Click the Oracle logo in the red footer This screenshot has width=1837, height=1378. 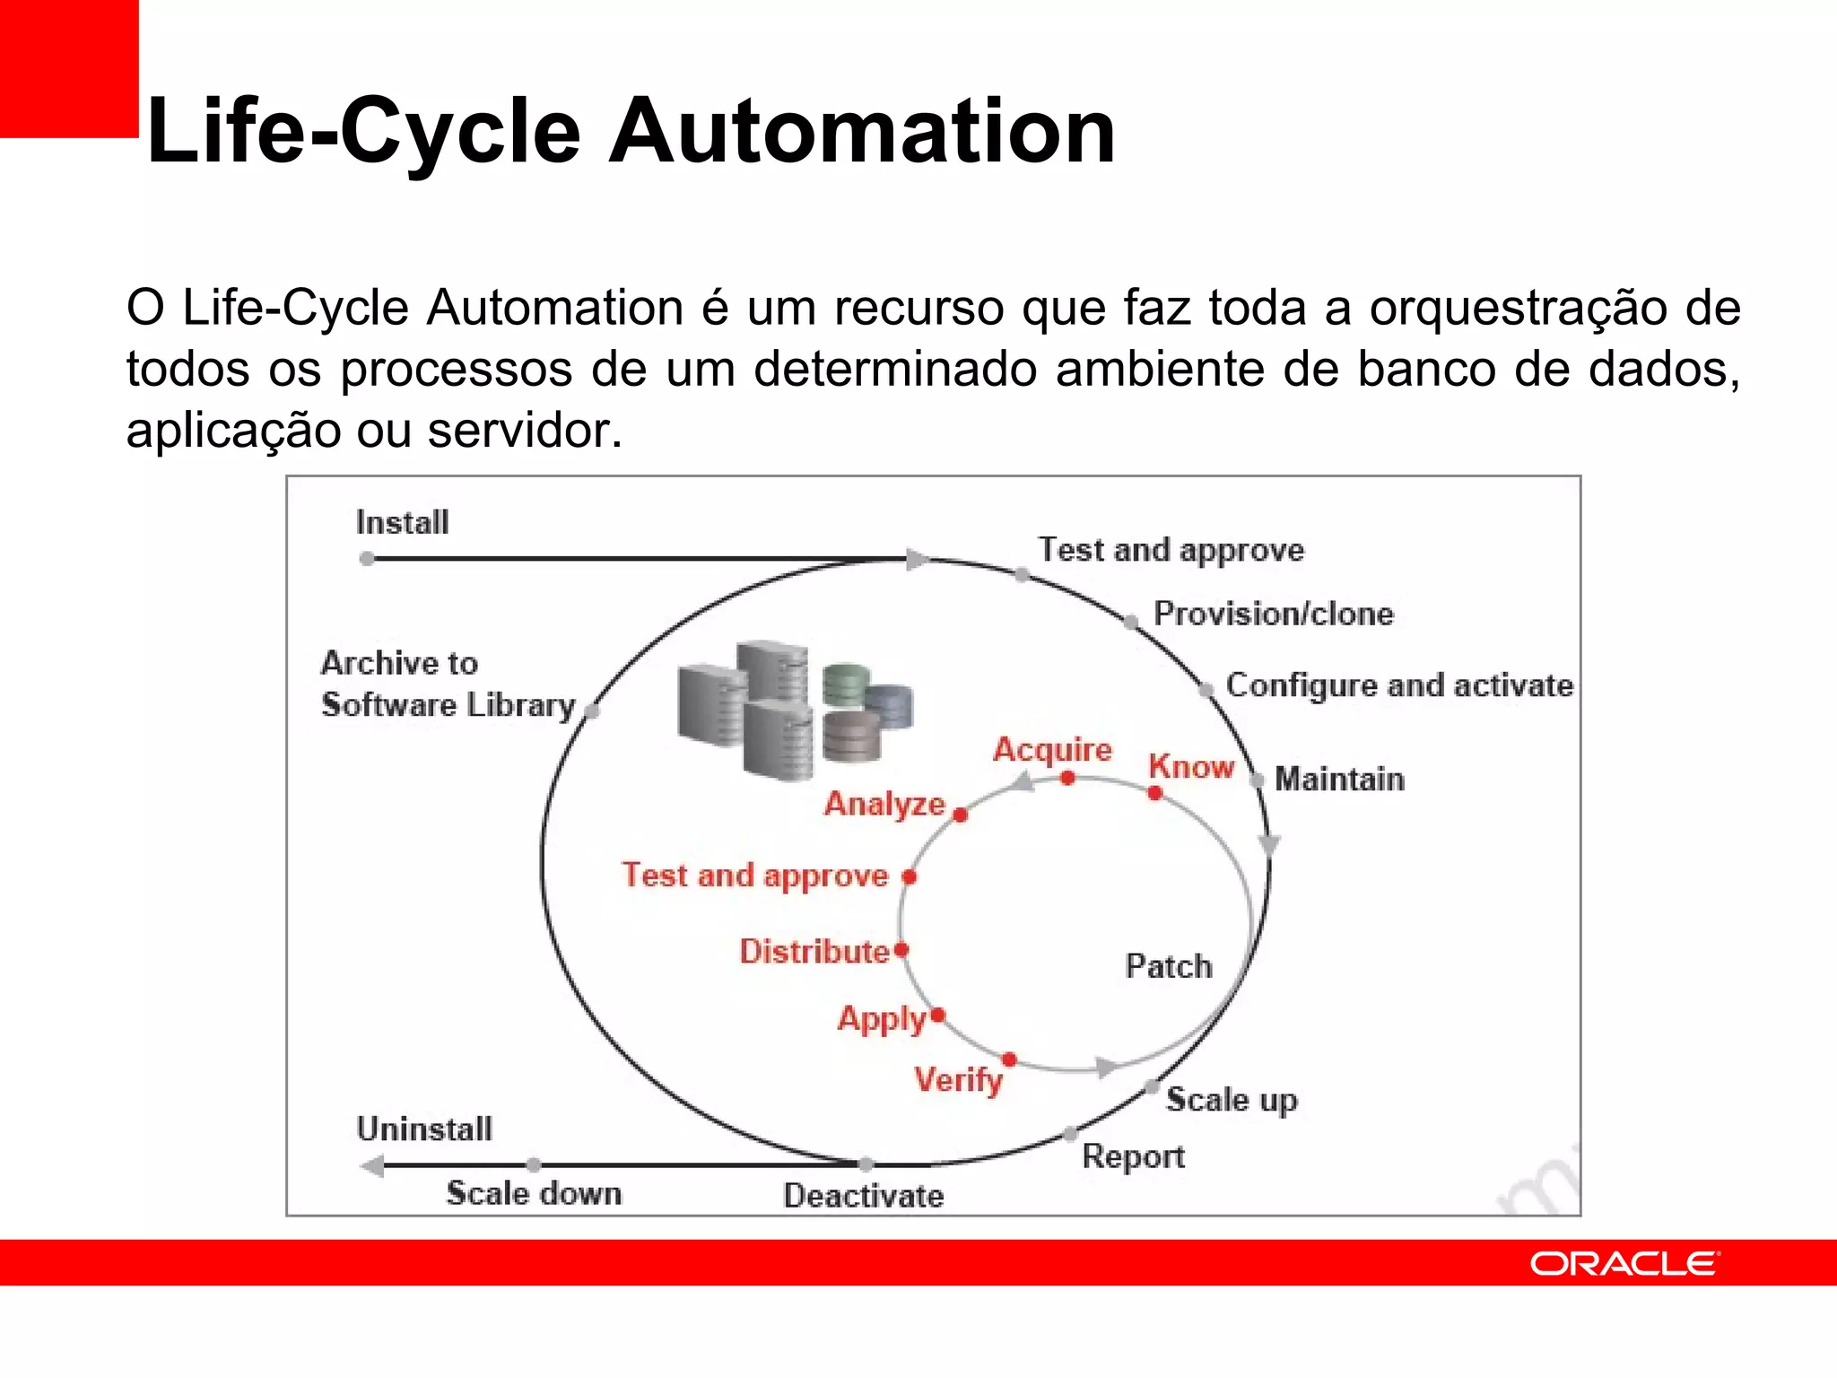[1624, 1263]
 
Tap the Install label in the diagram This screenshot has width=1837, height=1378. [402, 522]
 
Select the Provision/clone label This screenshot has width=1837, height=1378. [1274, 614]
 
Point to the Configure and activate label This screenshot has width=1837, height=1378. [1399, 685]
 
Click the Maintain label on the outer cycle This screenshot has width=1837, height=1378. [1339, 779]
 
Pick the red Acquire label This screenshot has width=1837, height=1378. [1052, 749]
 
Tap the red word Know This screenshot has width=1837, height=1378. [1191, 767]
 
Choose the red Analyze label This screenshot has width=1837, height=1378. [884, 804]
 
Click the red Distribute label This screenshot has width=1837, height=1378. [814, 951]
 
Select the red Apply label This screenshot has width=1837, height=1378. [882, 1019]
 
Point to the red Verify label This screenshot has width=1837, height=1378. [958, 1079]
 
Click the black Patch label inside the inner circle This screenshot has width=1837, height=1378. [1169, 966]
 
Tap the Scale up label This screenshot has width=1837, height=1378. [1232, 1100]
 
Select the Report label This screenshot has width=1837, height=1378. [1133, 1156]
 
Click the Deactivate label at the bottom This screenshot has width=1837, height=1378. [863, 1196]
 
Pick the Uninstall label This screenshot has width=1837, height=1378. [424, 1129]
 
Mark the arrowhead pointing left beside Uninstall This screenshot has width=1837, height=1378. [371, 1166]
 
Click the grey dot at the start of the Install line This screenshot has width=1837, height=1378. [367, 559]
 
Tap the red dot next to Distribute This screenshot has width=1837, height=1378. [901, 949]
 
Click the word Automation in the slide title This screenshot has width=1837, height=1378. [862, 132]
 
